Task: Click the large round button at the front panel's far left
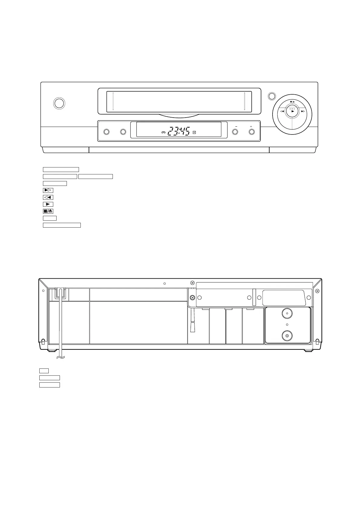click(59, 103)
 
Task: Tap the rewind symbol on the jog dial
click(282, 112)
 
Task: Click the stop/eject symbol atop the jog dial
click(292, 102)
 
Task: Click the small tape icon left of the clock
click(163, 133)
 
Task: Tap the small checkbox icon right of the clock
click(194, 132)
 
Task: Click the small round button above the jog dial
click(272, 96)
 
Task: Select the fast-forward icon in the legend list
click(48, 190)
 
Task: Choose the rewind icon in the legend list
click(48, 197)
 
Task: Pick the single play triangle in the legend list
click(48, 204)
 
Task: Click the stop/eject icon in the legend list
click(48, 211)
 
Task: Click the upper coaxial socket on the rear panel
click(287, 313)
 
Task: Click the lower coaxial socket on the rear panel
click(287, 335)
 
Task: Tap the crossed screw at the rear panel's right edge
click(317, 291)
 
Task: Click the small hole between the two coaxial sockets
click(287, 325)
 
